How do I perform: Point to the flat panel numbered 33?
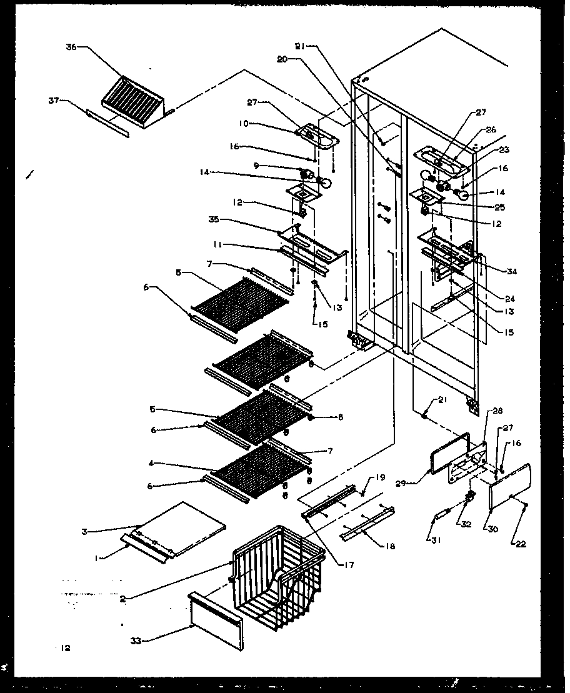tap(215, 622)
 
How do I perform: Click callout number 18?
tap(389, 547)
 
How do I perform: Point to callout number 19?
tap(379, 478)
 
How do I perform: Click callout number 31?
tap(430, 539)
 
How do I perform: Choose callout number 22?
tap(521, 544)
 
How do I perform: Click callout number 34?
tap(512, 272)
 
